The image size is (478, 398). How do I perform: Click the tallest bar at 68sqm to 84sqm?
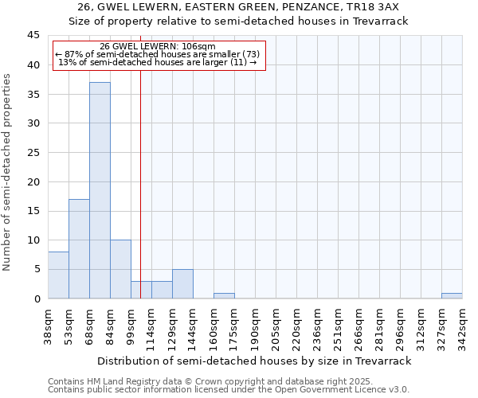100,190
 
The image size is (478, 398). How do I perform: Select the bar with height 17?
79,248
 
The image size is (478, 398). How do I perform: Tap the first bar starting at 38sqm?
58,275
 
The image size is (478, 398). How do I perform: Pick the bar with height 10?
120,269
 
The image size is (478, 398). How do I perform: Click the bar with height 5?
182,283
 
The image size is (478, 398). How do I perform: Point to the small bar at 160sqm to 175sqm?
224,295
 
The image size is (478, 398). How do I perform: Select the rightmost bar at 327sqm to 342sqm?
452,295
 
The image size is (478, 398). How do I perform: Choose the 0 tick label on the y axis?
36,298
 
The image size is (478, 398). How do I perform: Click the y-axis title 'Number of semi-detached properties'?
8,172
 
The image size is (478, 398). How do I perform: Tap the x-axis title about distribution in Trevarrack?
254,361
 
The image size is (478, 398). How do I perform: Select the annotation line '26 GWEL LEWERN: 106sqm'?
158,47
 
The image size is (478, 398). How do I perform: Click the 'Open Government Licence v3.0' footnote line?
229,390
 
